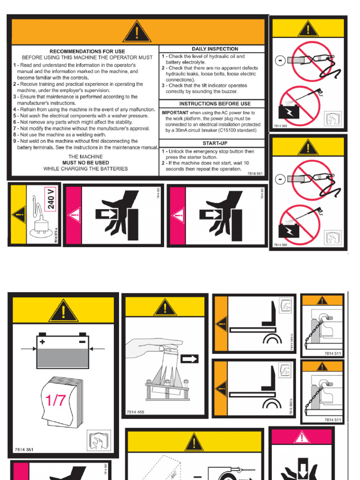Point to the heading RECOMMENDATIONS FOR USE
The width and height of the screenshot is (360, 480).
tap(87, 51)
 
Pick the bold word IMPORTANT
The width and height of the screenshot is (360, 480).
tap(175, 113)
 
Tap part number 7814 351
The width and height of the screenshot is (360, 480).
tap(24, 450)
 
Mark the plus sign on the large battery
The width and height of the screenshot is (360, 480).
tap(43, 342)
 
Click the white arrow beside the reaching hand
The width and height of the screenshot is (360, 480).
tap(189, 359)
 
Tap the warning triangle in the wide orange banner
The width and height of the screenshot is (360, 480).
tap(137, 32)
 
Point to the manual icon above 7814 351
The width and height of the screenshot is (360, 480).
tap(99, 441)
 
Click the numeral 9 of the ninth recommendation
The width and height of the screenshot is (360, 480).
tap(15, 141)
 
